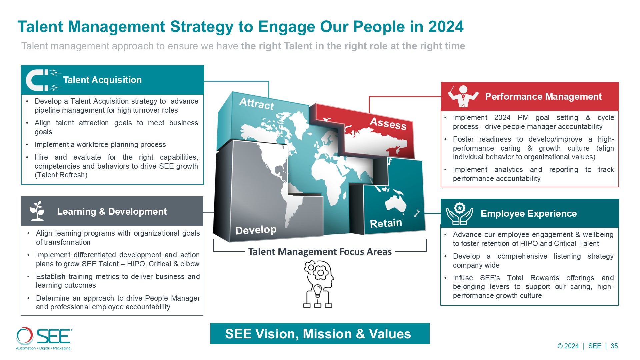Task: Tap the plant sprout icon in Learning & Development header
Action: click(x=37, y=211)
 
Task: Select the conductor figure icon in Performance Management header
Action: click(x=463, y=96)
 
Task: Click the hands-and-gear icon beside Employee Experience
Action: click(x=459, y=213)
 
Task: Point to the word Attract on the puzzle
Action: click(x=257, y=103)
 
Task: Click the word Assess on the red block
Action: click(x=388, y=123)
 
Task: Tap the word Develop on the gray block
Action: click(x=256, y=230)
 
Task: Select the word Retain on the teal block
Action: click(x=386, y=223)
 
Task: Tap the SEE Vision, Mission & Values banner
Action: click(x=320, y=333)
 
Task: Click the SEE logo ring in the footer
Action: click(x=25, y=336)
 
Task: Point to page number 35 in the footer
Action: click(x=614, y=346)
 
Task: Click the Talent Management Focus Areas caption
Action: click(x=320, y=252)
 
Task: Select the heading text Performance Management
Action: click(x=543, y=97)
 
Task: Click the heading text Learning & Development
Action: click(x=112, y=211)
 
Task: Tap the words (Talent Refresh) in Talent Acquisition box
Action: click(x=61, y=175)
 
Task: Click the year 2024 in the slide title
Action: click(x=446, y=27)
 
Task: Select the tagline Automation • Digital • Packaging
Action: click(x=43, y=348)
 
